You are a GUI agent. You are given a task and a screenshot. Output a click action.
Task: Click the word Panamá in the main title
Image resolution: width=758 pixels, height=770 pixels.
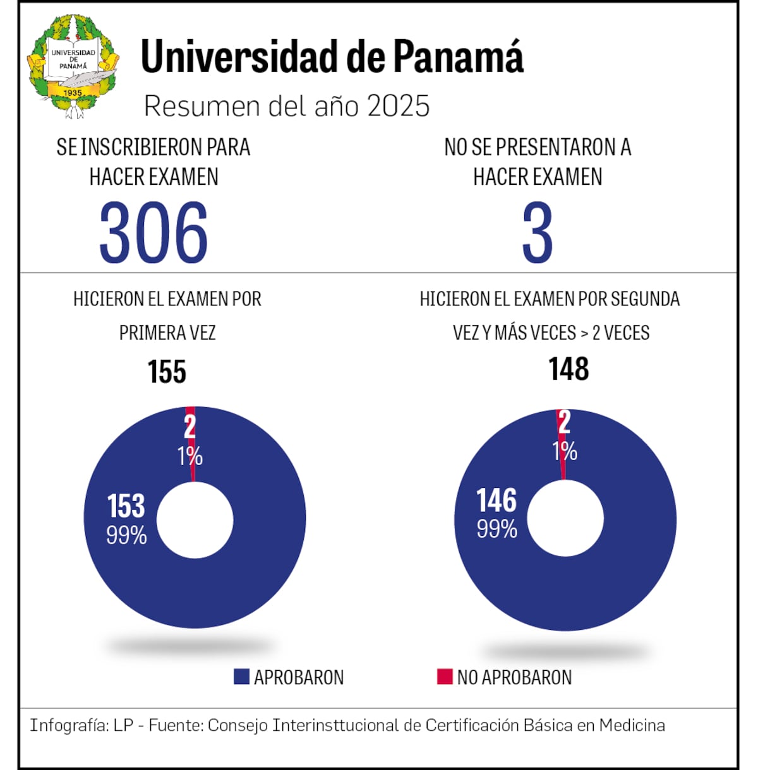(x=459, y=57)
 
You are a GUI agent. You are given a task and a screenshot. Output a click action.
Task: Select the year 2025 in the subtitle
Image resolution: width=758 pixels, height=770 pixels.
(x=399, y=106)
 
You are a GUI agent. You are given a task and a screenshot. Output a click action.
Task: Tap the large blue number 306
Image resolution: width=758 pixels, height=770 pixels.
(x=153, y=233)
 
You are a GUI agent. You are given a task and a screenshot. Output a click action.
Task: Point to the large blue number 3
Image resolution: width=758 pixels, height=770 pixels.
(x=538, y=233)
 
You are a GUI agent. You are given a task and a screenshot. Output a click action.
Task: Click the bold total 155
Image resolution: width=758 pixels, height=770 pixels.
(x=167, y=371)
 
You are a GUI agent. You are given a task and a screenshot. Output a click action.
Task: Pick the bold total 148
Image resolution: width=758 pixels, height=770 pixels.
(x=568, y=369)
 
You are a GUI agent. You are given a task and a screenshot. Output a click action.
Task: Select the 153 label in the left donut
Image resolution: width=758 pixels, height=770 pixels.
(x=126, y=506)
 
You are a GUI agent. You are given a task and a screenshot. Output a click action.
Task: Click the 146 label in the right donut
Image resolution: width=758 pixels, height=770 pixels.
(x=496, y=500)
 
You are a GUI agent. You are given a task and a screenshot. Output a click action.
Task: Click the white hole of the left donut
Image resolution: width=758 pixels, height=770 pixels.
(x=195, y=520)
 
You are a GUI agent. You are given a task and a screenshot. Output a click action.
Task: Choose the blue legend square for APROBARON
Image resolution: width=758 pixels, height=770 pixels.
(x=241, y=677)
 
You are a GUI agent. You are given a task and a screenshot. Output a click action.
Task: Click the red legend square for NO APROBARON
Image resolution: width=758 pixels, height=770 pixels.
(x=445, y=677)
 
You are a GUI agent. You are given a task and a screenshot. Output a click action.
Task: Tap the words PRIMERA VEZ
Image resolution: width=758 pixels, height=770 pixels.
(x=167, y=333)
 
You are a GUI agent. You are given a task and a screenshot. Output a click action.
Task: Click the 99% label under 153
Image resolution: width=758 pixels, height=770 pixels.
(x=126, y=535)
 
